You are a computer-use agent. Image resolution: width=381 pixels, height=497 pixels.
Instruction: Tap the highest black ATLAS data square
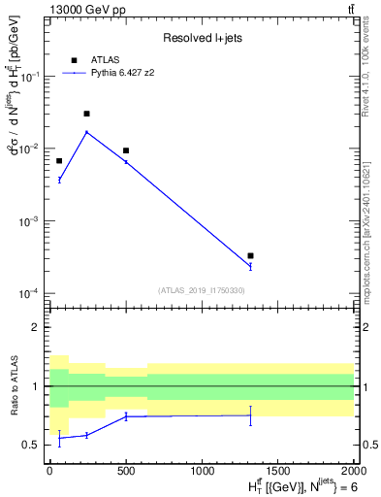pyautogui.click(x=87, y=114)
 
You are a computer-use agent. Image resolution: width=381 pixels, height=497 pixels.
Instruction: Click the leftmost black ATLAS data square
pyautogui.click(x=59, y=161)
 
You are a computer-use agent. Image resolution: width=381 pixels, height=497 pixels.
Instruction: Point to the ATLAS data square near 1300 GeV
pyautogui.click(x=250, y=256)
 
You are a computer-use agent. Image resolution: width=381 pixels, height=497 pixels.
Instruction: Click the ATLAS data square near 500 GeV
pyautogui.click(x=126, y=150)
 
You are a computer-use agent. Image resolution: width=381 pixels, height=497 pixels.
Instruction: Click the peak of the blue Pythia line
pyautogui.click(x=87, y=132)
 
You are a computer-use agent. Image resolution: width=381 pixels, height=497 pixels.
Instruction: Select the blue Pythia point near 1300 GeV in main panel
pyautogui.click(x=250, y=265)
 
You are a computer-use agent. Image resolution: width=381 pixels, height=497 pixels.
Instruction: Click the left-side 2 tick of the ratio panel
pyautogui.click(x=37, y=328)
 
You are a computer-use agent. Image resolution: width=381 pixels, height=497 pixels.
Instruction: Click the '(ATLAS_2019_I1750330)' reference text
pyautogui.click(x=201, y=290)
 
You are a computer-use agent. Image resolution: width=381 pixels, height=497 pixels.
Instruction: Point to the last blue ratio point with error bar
pyautogui.click(x=250, y=415)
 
